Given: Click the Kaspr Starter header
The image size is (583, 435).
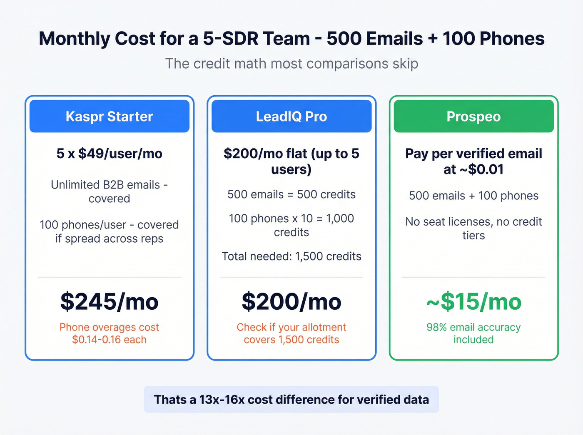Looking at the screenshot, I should (109, 116).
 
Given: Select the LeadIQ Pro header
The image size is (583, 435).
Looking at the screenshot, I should (291, 116).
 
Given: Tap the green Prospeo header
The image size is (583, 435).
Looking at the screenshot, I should (473, 116).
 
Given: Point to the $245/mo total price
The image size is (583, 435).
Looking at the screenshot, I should (109, 302).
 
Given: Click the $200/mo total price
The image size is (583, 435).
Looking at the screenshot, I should (291, 302).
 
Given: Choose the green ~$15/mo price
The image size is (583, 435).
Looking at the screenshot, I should (473, 302).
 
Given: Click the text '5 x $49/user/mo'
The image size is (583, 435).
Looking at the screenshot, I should (109, 154).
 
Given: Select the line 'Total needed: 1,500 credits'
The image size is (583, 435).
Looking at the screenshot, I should (291, 256).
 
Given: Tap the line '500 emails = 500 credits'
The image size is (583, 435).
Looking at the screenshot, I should (291, 194).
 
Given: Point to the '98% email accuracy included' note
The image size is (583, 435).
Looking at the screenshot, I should (473, 333).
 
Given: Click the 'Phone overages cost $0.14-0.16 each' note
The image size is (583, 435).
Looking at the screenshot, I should (109, 333).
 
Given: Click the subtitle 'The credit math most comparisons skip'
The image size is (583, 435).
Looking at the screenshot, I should (291, 64).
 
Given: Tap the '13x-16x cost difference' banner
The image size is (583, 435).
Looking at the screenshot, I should (291, 400).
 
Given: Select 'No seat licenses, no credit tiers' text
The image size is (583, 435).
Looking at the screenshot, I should (473, 229).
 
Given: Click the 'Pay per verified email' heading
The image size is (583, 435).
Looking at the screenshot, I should (473, 161).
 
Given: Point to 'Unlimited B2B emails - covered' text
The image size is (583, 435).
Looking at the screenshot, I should (109, 191).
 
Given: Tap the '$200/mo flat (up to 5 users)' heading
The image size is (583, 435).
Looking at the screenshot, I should (291, 161).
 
